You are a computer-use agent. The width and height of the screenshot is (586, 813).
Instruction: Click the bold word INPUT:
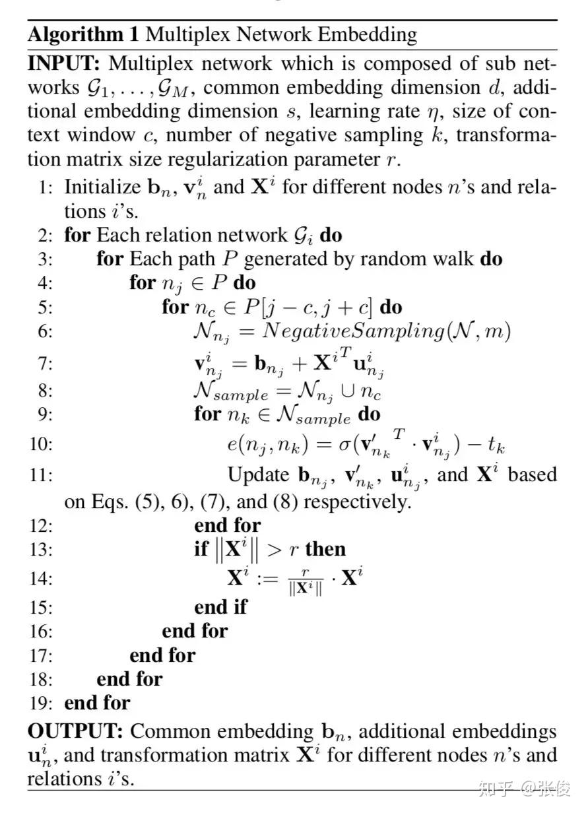coord(64,64)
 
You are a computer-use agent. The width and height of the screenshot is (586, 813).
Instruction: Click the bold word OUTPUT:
coord(75,731)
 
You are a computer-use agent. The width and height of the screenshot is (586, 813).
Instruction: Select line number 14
coord(41,579)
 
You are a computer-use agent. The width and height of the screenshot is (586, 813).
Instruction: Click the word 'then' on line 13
coord(325,549)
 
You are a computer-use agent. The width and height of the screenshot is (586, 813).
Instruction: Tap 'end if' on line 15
coord(220,607)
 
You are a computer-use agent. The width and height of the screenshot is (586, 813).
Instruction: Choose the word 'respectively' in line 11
coord(356,502)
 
